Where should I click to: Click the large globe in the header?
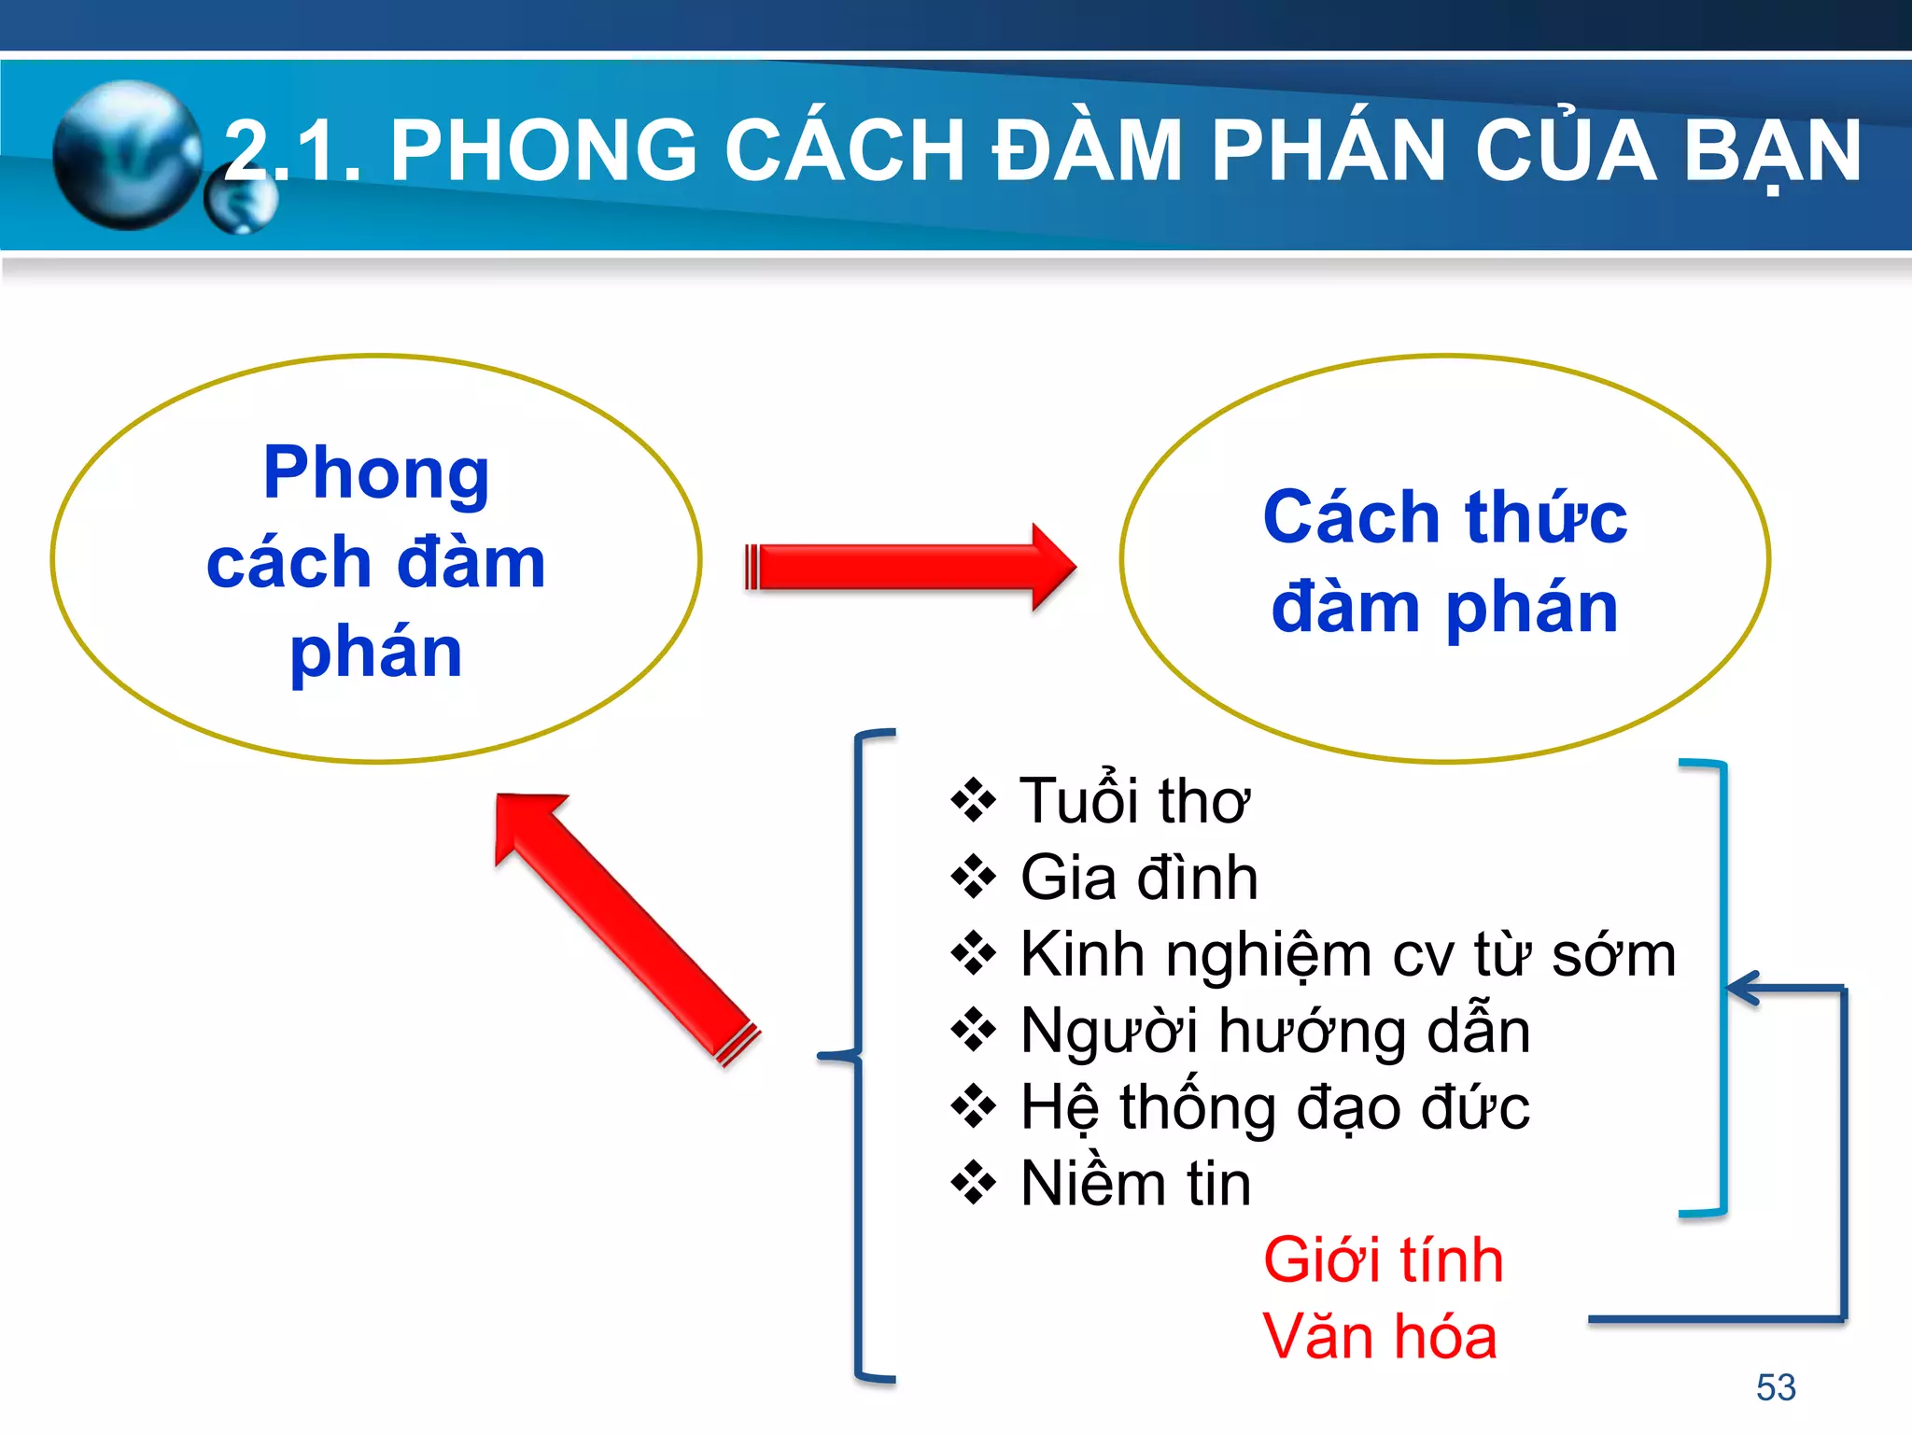pos(126,154)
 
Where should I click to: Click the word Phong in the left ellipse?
pos(375,474)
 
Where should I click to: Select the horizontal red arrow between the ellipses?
pos(910,567)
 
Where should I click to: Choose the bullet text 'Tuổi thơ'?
pos(1133,801)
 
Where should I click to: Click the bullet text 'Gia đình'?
pos(1139,878)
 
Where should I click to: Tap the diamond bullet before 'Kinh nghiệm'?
pos(974,954)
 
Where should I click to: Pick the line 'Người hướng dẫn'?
pos(1275,1031)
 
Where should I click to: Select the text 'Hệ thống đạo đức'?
pos(1275,1107)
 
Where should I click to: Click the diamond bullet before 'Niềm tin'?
pos(974,1184)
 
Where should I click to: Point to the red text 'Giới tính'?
pos(1383,1260)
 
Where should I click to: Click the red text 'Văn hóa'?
pos(1380,1337)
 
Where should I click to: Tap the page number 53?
pos(1776,1387)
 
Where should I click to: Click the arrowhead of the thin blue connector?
pos(1740,988)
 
